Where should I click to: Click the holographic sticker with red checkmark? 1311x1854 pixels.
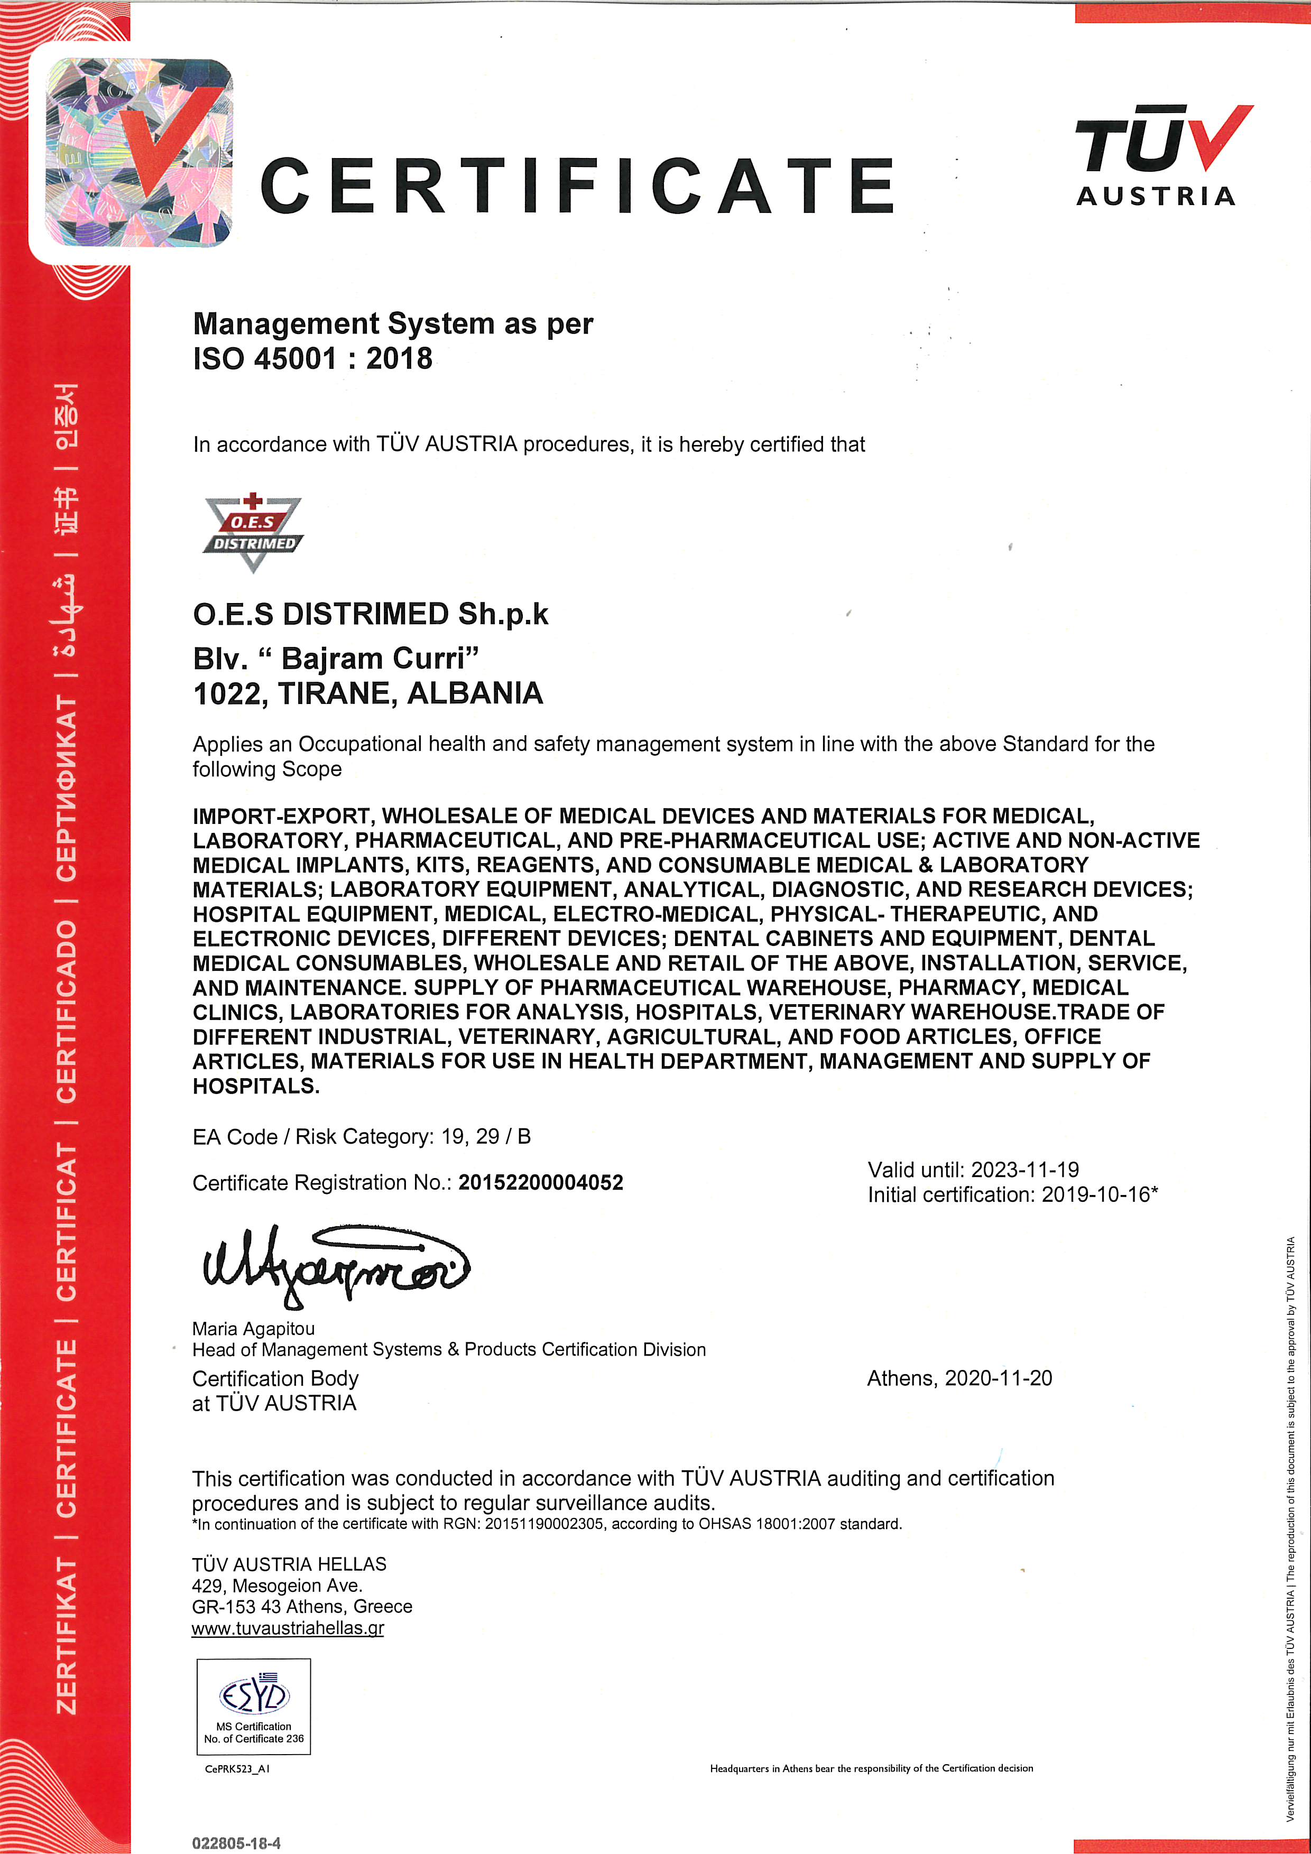139,152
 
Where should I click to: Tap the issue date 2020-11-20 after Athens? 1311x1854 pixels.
999,1378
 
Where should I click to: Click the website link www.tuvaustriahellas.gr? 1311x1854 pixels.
288,1627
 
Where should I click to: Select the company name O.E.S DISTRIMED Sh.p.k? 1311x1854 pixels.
370,615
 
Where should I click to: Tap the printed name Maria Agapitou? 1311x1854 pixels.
254,1328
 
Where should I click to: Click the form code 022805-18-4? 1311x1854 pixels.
236,1843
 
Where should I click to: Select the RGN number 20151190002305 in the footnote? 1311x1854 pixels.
543,1524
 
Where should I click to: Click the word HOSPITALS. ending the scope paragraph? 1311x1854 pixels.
256,1086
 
